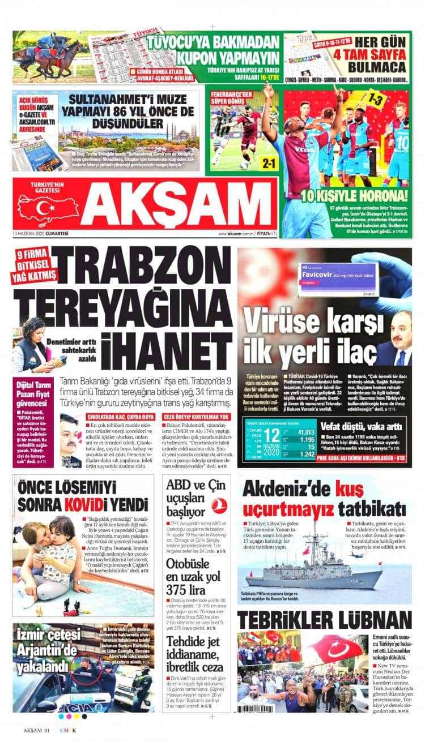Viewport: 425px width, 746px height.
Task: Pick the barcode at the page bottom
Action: coord(266,708)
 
